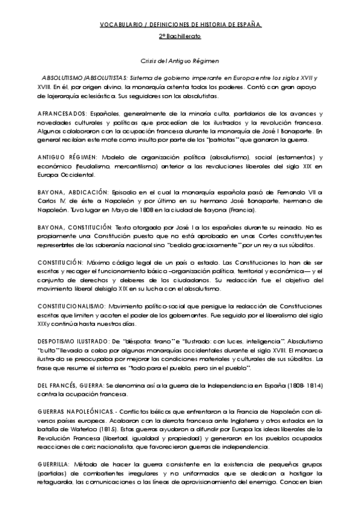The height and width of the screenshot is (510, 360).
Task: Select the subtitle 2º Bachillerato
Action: coord(180,37)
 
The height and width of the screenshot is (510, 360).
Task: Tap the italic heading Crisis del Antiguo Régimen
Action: coord(180,61)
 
